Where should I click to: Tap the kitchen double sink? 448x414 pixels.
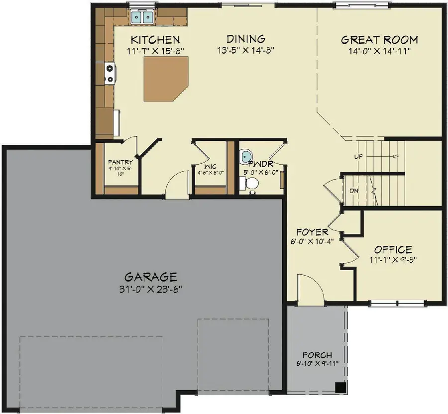pos(142,17)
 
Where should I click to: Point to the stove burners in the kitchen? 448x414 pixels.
pos(109,73)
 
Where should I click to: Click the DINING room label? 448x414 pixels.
pos(245,39)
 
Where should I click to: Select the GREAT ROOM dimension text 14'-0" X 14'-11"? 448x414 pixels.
pos(379,50)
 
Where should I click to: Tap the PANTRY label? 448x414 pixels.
pos(120,162)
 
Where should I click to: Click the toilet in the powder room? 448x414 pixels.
pos(250,184)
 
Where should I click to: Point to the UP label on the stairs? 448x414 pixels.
pos(358,156)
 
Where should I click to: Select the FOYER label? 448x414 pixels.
pos(312,232)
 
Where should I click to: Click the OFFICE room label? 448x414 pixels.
pos(393,249)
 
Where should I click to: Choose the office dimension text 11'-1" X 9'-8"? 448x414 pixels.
pos(393,259)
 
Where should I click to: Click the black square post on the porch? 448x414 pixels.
pos(340,387)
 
